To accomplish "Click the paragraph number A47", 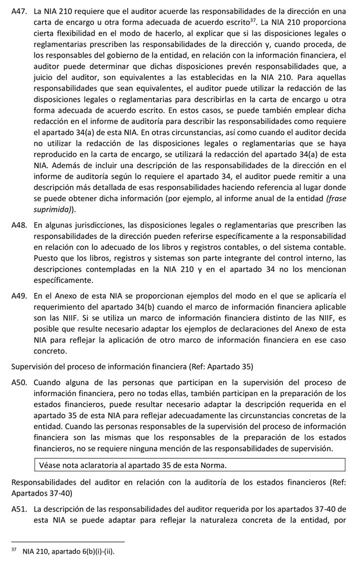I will coord(18,11).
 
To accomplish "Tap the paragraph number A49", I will coord(18,296).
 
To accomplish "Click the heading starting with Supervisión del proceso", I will coord(132,367).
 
